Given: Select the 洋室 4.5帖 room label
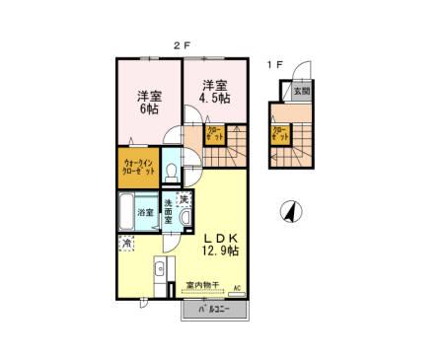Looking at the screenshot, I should click(x=215, y=92).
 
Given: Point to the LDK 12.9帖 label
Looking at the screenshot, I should click(x=221, y=244).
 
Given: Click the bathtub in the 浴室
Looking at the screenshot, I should click(x=126, y=210).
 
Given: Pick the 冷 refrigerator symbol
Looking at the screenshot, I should click(x=126, y=243).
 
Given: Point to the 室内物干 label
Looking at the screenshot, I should click(x=201, y=287).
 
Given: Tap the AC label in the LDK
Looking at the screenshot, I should click(x=237, y=288).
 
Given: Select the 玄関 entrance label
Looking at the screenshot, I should click(x=301, y=91).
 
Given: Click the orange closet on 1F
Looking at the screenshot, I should click(x=279, y=134).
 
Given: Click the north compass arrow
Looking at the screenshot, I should click(x=290, y=210).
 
